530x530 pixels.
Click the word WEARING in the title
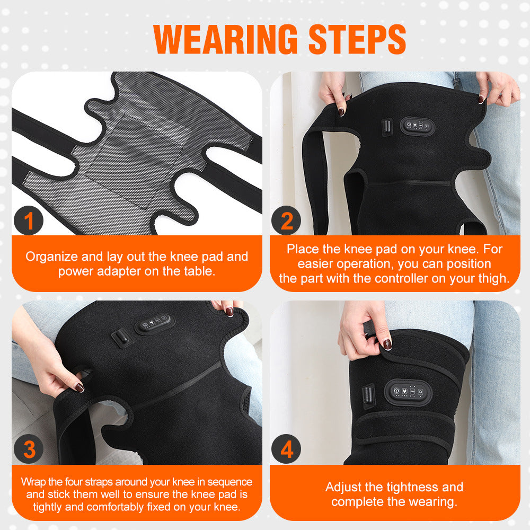pyautogui.click(x=225, y=39)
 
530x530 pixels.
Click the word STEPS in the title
pyautogui.click(x=357, y=39)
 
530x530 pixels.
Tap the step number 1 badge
pyautogui.click(x=29, y=220)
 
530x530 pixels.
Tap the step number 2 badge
pyautogui.click(x=286, y=220)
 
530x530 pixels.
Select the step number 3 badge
pyautogui.click(x=29, y=449)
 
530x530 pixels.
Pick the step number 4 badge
pyautogui.click(x=286, y=449)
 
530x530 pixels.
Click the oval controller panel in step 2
pyautogui.click(x=417, y=126)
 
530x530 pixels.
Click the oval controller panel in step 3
pyautogui.click(x=155, y=323)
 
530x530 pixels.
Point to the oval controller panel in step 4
pyautogui.click(x=408, y=392)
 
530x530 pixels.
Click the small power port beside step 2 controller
pyautogui.click(x=387, y=127)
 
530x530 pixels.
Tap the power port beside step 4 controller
pyautogui.click(x=368, y=396)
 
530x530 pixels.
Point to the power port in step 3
pyautogui.click(x=122, y=339)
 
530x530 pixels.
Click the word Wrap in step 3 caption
pyautogui.click(x=33, y=482)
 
